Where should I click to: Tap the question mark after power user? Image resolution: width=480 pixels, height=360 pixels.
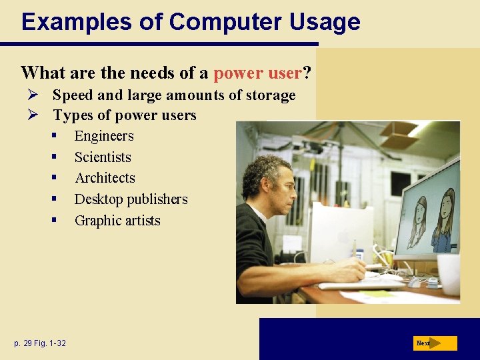point(307,72)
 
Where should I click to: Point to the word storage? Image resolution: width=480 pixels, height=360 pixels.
point(269,95)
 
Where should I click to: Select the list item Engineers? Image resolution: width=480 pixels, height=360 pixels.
point(103,136)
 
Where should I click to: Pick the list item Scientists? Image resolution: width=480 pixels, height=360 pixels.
point(103,157)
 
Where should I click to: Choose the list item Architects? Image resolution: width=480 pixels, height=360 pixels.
point(105,178)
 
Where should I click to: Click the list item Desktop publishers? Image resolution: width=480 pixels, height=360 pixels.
point(131,199)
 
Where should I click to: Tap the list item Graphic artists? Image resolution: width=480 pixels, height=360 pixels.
point(117,221)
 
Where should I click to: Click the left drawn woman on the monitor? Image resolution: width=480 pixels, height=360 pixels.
point(417,220)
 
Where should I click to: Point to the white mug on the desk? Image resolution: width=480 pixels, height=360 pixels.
point(449,273)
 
